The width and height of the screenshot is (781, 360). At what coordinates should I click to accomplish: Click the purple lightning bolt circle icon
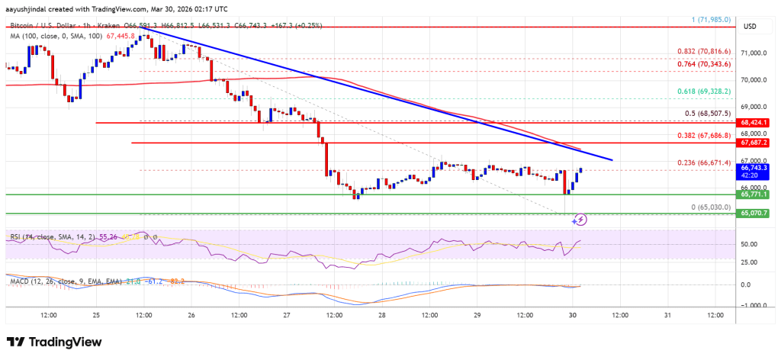(x=580, y=220)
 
